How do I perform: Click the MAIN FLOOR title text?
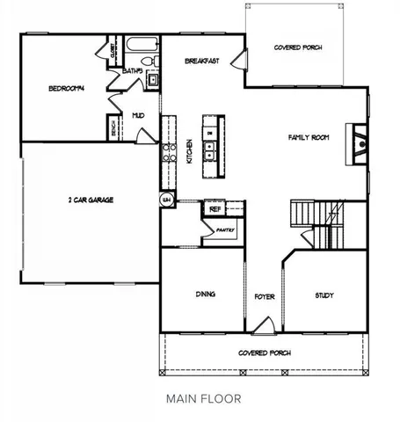coord(203,398)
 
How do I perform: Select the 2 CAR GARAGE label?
coord(90,200)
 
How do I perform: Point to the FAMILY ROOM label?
coord(309,137)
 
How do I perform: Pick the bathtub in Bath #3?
coord(141,44)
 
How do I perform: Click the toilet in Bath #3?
coord(153,62)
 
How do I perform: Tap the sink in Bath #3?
coord(153,80)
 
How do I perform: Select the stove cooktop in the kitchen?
coord(167,149)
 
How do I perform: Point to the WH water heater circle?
coord(164,200)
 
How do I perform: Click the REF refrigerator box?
coord(215,209)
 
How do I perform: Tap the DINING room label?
coord(205,295)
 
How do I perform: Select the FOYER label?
coord(265,297)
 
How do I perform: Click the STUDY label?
coord(324,295)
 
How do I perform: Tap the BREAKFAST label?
coord(201,62)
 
